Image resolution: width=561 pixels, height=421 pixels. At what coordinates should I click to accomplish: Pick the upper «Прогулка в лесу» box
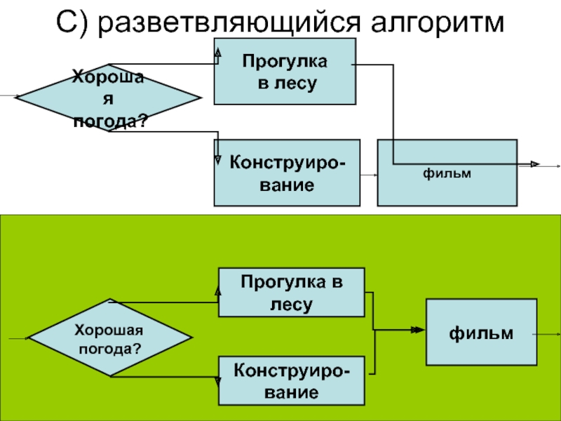(284, 72)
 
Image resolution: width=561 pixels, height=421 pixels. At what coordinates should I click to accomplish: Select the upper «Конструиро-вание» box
(287, 173)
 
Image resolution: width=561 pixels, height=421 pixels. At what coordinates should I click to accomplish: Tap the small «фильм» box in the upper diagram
(447, 173)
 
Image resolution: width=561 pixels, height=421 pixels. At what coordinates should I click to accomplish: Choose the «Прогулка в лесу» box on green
(291, 292)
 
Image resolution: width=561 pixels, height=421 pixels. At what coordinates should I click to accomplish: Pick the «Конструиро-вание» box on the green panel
(291, 380)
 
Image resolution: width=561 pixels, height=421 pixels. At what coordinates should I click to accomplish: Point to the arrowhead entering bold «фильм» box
(419, 329)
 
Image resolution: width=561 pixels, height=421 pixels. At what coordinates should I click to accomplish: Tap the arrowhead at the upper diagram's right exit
(534, 164)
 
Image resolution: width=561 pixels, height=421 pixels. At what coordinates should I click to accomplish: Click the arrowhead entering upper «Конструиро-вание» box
(218, 159)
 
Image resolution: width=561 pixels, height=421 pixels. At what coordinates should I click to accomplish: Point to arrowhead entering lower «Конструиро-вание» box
(218, 382)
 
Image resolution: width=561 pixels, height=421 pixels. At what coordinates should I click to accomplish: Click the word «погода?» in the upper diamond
(111, 121)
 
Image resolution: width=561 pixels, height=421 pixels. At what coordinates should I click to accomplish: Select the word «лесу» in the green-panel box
(292, 304)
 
